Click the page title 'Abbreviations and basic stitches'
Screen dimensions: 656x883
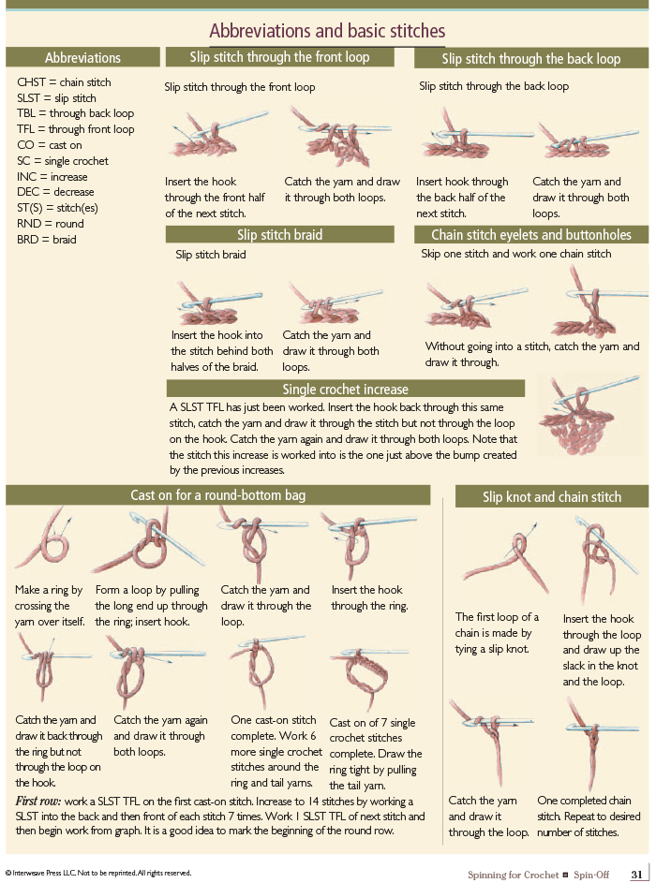coord(327,30)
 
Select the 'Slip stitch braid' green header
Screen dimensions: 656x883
coord(279,234)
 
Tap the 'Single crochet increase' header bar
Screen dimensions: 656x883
coord(346,389)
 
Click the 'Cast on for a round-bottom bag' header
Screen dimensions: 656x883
coord(218,495)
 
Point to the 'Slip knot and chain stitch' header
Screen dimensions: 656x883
coord(552,496)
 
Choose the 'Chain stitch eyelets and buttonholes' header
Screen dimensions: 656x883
coord(531,234)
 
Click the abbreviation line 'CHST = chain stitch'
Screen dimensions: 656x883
coord(64,82)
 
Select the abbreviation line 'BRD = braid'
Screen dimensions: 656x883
coord(46,240)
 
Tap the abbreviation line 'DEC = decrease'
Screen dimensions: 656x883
coord(55,192)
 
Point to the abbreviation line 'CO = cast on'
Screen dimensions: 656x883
coord(49,145)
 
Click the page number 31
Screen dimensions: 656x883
coord(637,874)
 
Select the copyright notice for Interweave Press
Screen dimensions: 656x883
coord(98,873)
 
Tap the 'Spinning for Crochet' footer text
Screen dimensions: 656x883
coord(513,875)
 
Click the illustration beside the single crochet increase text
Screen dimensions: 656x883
coord(589,416)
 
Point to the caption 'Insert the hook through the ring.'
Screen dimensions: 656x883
coord(369,597)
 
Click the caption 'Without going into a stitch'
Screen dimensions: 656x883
coord(532,354)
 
